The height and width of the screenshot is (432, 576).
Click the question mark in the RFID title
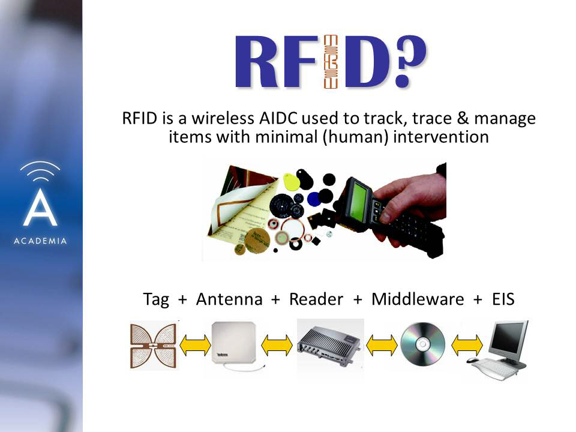(x=410, y=61)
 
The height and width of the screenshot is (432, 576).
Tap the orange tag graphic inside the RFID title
(x=330, y=62)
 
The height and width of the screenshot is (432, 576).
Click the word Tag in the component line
(x=156, y=299)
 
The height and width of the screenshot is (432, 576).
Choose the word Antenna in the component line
(x=229, y=299)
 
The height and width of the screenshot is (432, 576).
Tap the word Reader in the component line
(x=316, y=299)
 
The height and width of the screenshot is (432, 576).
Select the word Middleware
(x=418, y=299)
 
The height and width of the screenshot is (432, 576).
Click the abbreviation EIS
(x=503, y=299)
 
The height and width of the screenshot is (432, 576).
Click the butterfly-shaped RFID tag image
(x=154, y=345)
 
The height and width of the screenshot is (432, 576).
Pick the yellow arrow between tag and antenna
(x=195, y=346)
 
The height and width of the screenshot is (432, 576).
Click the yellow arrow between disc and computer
(x=467, y=346)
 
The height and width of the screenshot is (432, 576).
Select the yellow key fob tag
(x=292, y=181)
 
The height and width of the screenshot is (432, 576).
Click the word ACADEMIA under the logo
(x=40, y=241)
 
